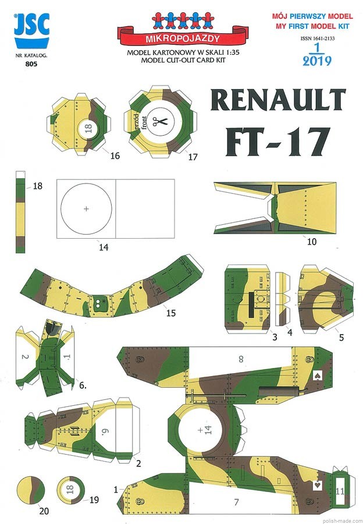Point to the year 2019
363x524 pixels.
(318, 59)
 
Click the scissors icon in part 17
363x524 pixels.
(159, 122)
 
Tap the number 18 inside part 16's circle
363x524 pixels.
(88, 129)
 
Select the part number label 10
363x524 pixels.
(311, 241)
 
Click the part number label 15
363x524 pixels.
(170, 313)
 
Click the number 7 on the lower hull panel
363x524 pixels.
(236, 501)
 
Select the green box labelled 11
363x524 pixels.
(339, 491)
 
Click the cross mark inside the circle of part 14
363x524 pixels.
(87, 208)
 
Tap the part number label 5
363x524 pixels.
(341, 337)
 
